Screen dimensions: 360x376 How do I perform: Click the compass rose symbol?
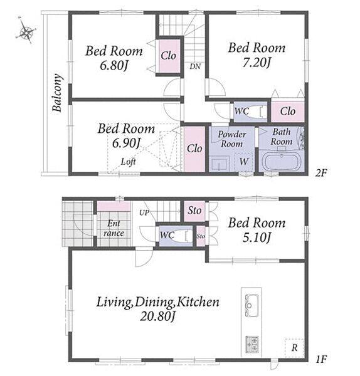point(26,31)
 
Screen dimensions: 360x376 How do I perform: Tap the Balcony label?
point(57,93)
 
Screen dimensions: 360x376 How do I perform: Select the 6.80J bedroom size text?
point(114,65)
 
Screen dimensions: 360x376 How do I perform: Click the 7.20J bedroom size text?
point(257,63)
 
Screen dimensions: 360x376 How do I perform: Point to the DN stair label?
point(195,66)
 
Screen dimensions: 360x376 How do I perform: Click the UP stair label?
point(144,212)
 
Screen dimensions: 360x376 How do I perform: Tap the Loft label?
point(129,162)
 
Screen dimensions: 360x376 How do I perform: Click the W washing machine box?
point(243,162)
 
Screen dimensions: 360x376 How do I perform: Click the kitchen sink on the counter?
point(251,305)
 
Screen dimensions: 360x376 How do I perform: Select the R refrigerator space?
point(294,348)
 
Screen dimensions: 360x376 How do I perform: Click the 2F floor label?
point(321,173)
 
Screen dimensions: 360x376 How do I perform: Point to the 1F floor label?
point(321,359)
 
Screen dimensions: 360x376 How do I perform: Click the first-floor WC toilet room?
point(176,236)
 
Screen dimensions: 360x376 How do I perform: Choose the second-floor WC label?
point(241,111)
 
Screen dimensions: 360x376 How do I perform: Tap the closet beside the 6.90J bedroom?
point(194,149)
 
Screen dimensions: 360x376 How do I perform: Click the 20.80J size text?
point(157,316)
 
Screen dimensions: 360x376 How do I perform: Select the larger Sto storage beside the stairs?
point(194,211)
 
